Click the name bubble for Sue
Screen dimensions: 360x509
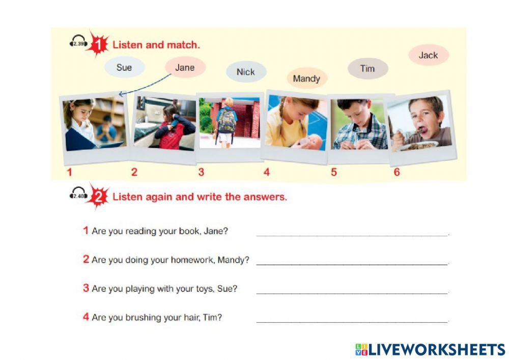pos(124,67)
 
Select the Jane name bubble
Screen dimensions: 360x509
pos(185,67)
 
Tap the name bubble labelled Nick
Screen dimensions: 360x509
pos(246,72)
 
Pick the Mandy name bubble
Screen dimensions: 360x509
pos(306,78)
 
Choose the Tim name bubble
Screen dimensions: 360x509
pos(367,68)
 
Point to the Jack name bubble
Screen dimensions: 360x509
pos(428,55)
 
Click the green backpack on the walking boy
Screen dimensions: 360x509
pos(227,120)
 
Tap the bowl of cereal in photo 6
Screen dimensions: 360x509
pos(420,146)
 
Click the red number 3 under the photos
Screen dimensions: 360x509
pos(201,172)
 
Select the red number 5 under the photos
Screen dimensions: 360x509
pos(334,172)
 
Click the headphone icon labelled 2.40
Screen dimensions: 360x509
pos(78,195)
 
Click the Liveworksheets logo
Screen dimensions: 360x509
pos(430,349)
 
